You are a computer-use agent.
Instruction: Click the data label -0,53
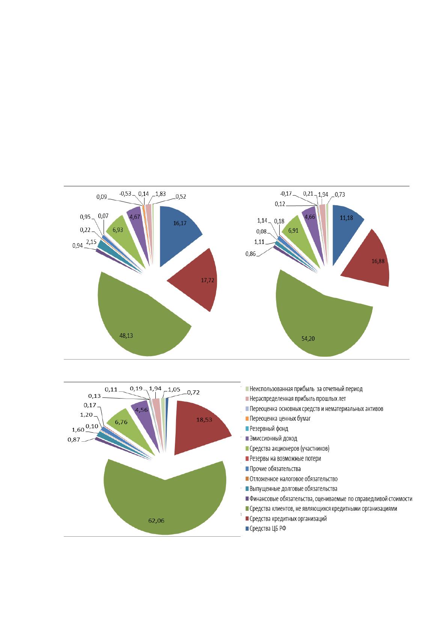point(125,194)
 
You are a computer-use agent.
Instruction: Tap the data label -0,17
point(286,194)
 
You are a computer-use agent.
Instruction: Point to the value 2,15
point(91,242)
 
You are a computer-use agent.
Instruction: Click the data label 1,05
point(174,390)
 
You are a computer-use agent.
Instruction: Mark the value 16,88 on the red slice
point(378,261)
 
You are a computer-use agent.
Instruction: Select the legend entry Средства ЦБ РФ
point(266,528)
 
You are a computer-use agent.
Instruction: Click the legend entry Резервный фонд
point(267,429)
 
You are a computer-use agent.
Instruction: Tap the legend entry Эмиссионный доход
point(271,438)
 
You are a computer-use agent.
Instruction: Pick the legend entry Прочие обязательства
point(273,469)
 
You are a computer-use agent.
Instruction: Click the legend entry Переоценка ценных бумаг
point(278,418)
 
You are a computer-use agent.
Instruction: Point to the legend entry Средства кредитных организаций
point(286,519)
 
